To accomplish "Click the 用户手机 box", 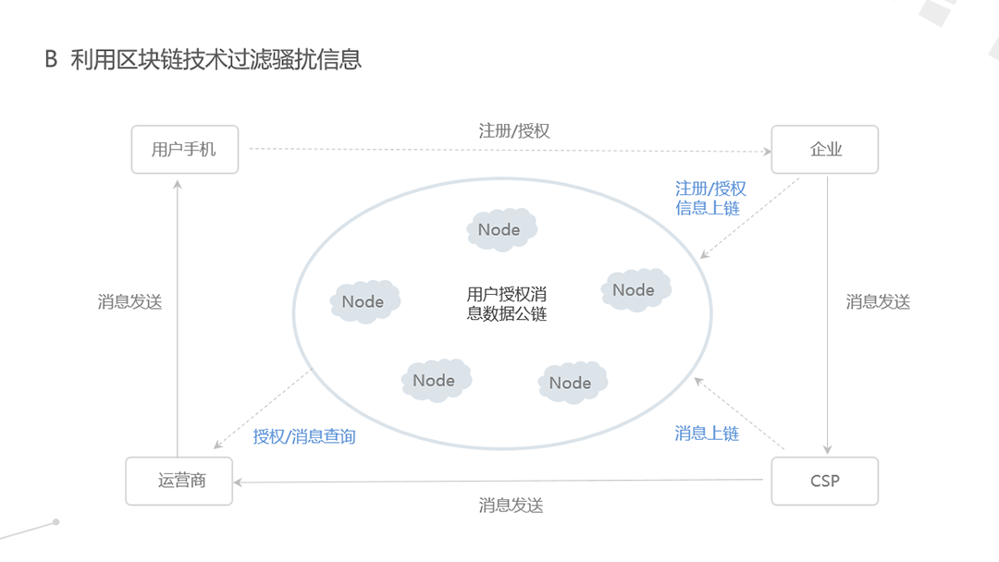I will coord(184,149).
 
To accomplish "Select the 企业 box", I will coord(825,149).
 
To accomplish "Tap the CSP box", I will coord(825,481).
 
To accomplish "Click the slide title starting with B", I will coord(203,59).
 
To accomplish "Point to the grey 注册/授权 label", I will coord(514,130).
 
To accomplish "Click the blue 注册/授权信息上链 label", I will coord(709,198).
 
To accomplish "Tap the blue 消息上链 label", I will coord(707,433).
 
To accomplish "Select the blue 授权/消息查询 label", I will coord(304,436).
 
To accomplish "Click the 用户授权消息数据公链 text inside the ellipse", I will coord(506,304).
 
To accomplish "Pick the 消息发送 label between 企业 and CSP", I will coord(878,301).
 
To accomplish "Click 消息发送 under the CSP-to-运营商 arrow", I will coord(511,506).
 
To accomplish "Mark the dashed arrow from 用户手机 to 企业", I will coord(509,149).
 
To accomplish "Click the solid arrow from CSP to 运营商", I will coord(499,481).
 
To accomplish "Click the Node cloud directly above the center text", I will coord(500,229).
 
